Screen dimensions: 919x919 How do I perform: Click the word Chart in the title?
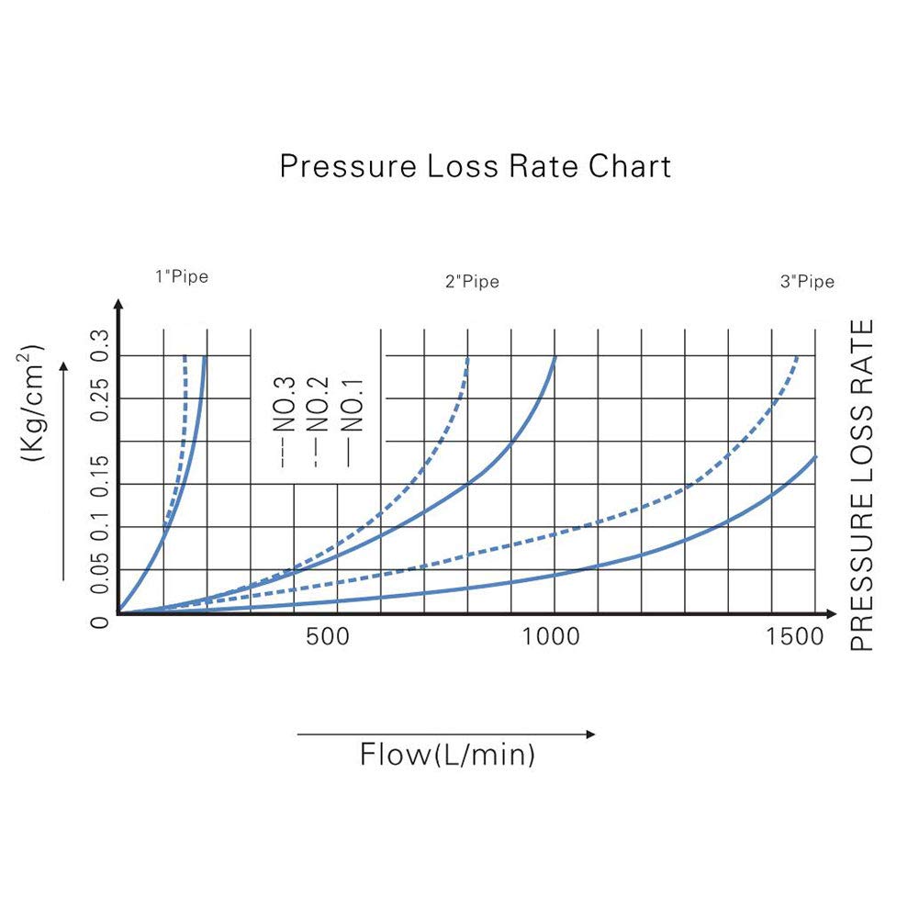click(630, 166)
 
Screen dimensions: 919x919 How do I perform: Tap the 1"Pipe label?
click(182, 276)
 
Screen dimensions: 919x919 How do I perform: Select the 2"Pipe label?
click(472, 282)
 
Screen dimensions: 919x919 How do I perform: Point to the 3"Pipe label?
click(807, 282)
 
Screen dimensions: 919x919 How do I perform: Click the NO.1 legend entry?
click(353, 407)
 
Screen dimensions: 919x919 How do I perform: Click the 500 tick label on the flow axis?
click(327, 636)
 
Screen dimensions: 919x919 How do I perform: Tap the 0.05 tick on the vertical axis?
click(100, 577)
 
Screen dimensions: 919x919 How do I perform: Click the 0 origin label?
click(100, 623)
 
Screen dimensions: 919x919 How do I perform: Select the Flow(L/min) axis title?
click(447, 756)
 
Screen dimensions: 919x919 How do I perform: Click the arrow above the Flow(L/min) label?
click(446, 734)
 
